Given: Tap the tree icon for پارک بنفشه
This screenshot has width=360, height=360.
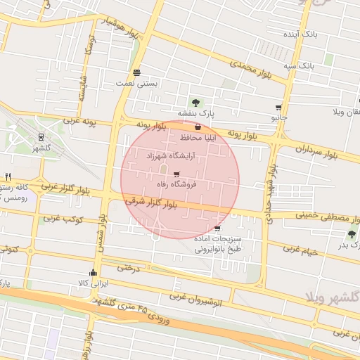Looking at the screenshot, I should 195,103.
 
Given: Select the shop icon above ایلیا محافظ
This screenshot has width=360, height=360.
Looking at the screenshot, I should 198,128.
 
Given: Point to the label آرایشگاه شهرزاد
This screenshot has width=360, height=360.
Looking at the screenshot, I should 169,155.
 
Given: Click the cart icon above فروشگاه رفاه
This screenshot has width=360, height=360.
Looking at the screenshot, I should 176,174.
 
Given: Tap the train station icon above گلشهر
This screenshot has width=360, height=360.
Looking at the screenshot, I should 41,137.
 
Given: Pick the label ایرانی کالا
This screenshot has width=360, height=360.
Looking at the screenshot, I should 93,283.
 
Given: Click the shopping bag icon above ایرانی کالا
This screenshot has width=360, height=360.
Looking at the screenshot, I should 93,273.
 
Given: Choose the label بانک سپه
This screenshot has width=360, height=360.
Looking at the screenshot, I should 298,65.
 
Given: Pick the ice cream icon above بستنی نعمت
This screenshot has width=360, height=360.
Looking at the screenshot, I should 136,72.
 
